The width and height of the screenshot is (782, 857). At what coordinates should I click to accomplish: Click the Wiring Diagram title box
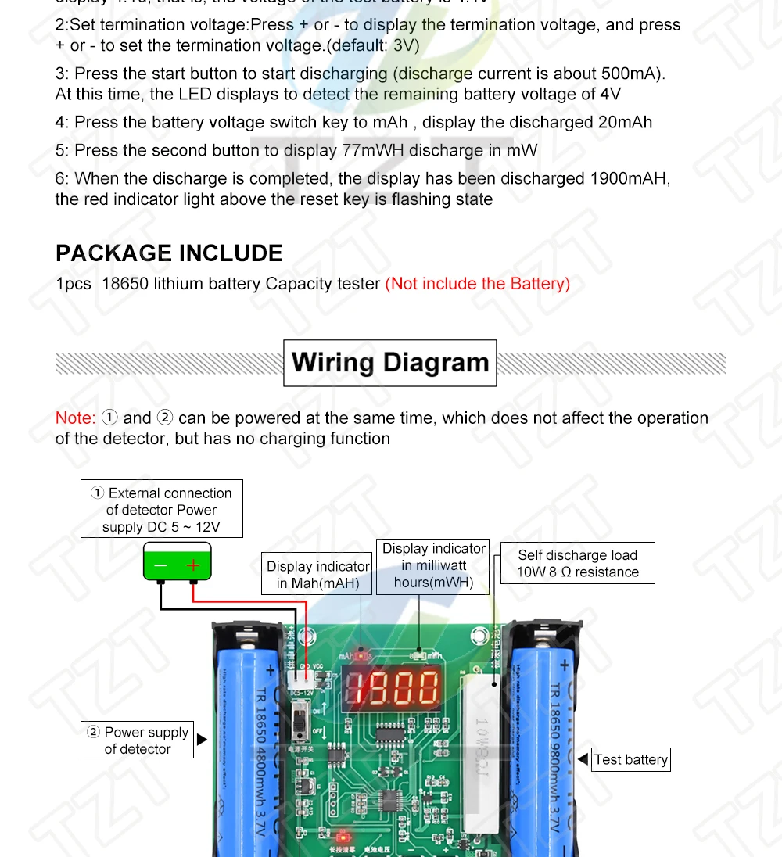click(389, 363)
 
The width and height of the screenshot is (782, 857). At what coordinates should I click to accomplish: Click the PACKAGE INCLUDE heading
click(169, 253)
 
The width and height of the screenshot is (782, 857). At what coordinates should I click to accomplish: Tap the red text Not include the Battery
click(478, 284)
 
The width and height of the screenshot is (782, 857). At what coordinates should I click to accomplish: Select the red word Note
click(74, 418)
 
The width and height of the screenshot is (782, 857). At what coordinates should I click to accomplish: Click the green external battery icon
click(178, 561)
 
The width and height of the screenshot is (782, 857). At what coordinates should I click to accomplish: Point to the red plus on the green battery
click(193, 565)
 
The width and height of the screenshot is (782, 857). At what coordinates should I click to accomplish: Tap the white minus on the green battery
click(160, 565)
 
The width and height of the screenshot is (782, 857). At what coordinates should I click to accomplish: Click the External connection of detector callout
click(162, 509)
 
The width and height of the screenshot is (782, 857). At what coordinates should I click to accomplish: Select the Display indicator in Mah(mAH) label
click(317, 574)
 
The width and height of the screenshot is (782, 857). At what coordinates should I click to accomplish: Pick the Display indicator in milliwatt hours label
click(433, 565)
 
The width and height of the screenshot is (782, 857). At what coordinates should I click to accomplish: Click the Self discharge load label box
click(577, 563)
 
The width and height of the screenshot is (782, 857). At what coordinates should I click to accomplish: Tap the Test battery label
click(630, 759)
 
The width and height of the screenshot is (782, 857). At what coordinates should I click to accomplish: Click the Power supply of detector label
click(137, 740)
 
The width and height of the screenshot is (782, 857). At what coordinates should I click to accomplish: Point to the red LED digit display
click(393, 688)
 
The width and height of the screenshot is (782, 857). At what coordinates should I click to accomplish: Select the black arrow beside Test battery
click(582, 759)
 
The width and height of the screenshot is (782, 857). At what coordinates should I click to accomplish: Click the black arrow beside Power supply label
click(202, 740)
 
